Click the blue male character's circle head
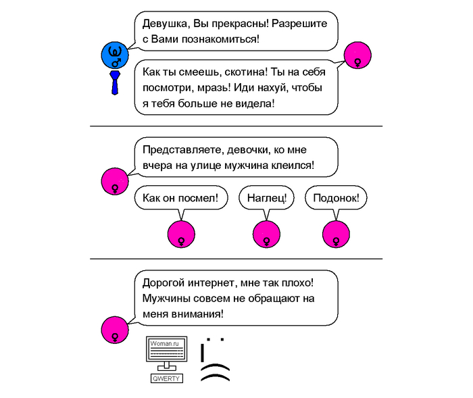pyautogui.click(x=115, y=54)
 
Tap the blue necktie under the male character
pyautogui.click(x=116, y=81)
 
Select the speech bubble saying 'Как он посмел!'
pyautogui.click(x=180, y=198)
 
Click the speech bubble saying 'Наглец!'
pyautogui.click(x=267, y=198)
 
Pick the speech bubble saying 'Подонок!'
pyautogui.click(x=336, y=198)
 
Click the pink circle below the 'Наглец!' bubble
pyautogui.click(x=266, y=234)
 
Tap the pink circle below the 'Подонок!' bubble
pyautogui.click(x=336, y=234)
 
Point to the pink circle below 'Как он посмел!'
pyautogui.click(x=180, y=234)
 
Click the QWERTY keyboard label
pyautogui.click(x=166, y=378)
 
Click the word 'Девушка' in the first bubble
pyautogui.click(x=163, y=24)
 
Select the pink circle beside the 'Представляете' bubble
pyautogui.click(x=114, y=181)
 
